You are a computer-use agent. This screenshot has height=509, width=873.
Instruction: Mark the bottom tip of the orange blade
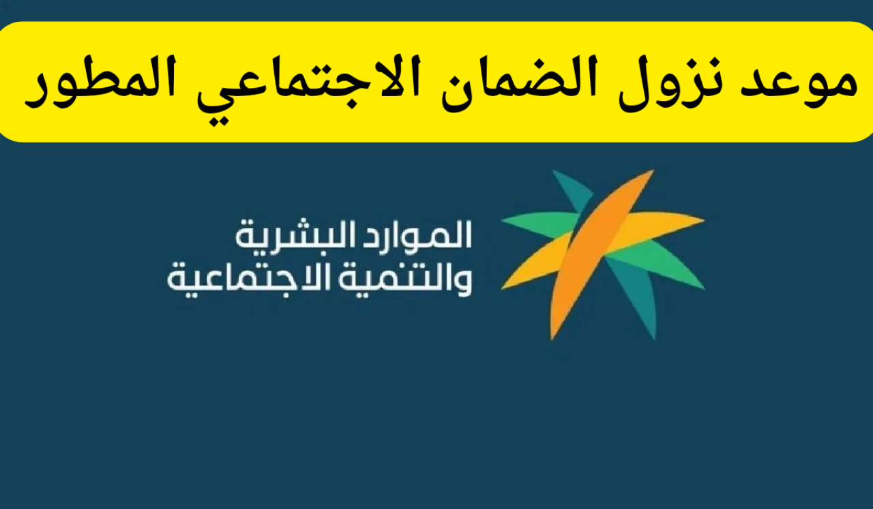[x=554, y=335]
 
